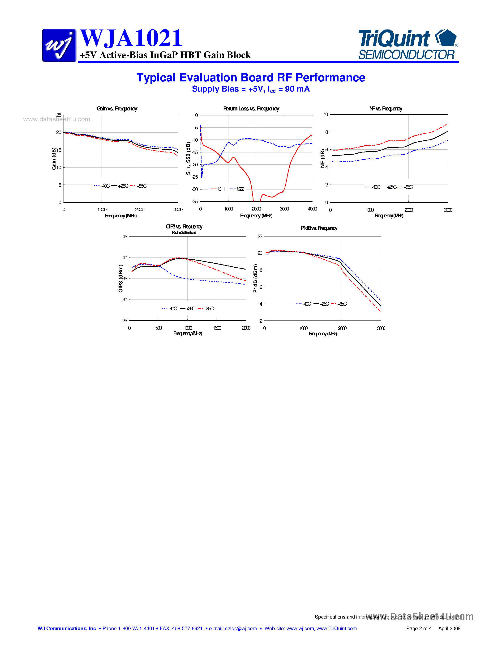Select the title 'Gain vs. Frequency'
tap(117, 109)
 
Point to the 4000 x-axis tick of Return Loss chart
tap(312, 209)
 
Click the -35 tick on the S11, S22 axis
tap(195, 202)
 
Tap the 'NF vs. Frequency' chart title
tap(386, 109)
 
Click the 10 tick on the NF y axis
tap(326, 114)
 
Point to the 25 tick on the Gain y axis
tap(59, 115)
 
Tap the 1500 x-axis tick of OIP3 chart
tap(217, 328)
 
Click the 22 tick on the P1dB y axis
tap(260, 236)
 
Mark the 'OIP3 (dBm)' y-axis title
tap(120, 278)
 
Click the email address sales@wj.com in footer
tap(240, 628)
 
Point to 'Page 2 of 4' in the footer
tap(419, 628)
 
